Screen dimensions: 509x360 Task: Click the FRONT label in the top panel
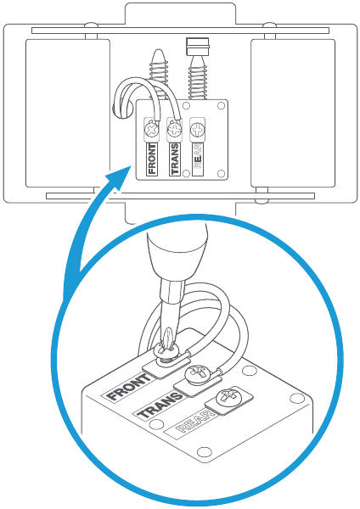[x=153, y=159]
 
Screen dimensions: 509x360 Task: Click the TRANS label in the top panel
[x=175, y=159]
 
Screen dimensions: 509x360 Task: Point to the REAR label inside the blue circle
[x=195, y=424]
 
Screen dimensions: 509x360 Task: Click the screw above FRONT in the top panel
[x=153, y=130]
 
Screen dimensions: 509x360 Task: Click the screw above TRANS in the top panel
[x=175, y=130]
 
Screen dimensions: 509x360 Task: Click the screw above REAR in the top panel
[x=197, y=130]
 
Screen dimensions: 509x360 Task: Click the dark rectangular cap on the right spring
[x=198, y=43]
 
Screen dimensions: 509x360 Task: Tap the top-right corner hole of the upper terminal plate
[x=222, y=108]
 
